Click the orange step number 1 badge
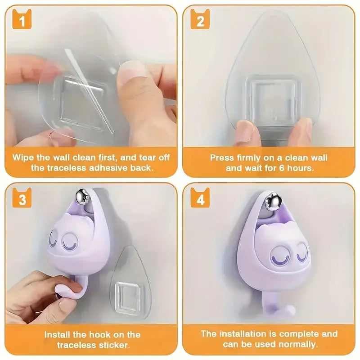pos(22,21)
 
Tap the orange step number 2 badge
pos(200,21)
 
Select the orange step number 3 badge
pos(22,199)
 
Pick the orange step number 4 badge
pos(200,199)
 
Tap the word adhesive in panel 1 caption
pos(119,168)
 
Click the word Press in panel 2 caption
pos(220,158)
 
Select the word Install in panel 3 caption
pos(57,335)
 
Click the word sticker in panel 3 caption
pos(115,345)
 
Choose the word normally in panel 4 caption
pos(300,345)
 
